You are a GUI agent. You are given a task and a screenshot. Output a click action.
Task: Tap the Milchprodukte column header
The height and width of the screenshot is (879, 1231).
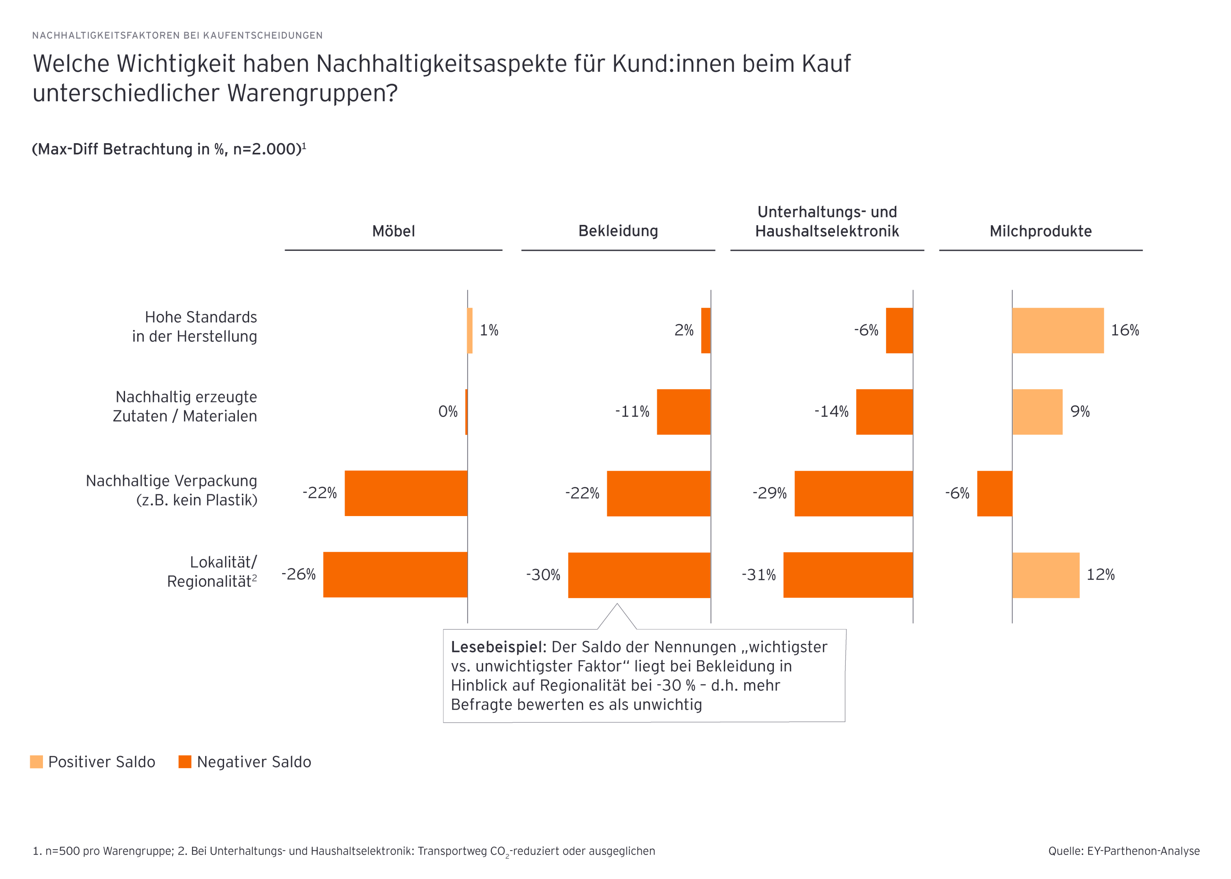point(1040,231)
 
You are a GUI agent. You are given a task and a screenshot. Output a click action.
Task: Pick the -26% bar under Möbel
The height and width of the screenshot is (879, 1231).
point(395,574)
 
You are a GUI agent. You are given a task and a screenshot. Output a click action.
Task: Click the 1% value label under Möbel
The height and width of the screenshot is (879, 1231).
point(489,330)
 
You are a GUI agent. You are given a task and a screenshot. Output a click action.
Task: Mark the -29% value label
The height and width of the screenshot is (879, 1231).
point(769,493)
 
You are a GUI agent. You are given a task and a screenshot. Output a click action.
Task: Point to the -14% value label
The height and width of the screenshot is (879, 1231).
point(831,411)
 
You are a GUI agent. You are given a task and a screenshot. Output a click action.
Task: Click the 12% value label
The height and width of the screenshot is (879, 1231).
point(1100,574)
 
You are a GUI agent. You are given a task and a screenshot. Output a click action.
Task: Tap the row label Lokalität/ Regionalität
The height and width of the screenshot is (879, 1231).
point(212,572)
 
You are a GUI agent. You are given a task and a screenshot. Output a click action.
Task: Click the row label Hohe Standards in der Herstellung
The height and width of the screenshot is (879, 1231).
point(195,327)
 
